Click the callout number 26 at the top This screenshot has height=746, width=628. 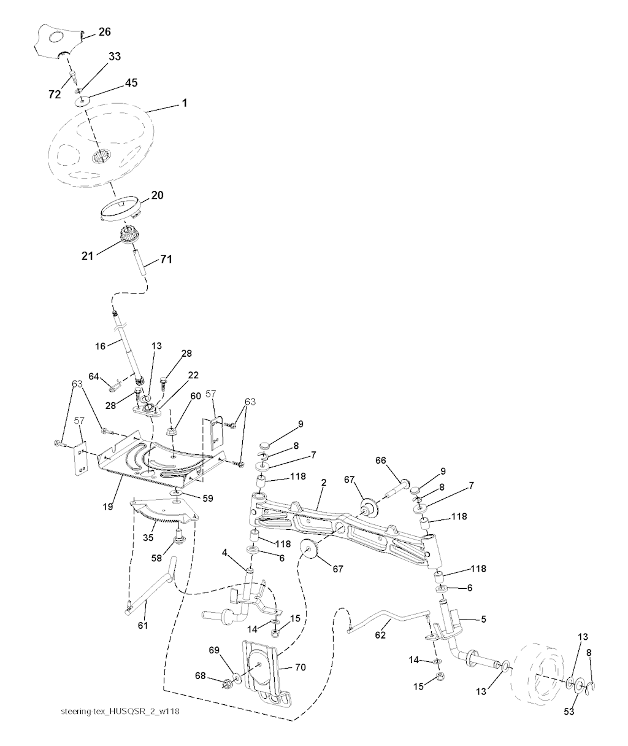(x=104, y=32)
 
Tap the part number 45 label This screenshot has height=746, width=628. (x=131, y=82)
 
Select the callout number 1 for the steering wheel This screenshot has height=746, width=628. (x=185, y=103)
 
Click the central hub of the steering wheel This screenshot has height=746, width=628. (x=101, y=157)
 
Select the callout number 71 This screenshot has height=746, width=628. (x=166, y=259)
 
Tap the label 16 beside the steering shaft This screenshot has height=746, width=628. (x=100, y=346)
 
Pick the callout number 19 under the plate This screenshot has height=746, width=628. (x=108, y=507)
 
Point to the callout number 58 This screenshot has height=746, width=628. (x=156, y=558)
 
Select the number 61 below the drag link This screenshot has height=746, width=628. (x=143, y=625)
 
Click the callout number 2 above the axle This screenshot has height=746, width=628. (x=324, y=483)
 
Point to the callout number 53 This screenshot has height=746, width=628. (x=569, y=712)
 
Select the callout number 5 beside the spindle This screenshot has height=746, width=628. (x=483, y=619)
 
